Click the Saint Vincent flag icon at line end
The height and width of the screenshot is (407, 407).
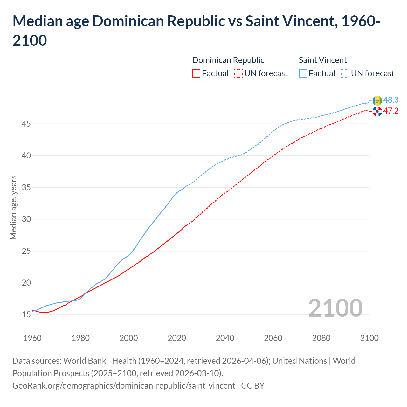(377, 100)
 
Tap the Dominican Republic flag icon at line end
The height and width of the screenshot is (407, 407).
(377, 111)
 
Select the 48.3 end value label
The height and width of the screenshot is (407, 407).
(391, 100)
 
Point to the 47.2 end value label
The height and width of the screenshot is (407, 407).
(391, 111)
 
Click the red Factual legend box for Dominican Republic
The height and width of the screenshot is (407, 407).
(196, 73)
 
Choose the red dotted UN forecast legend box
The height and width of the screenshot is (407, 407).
(238, 73)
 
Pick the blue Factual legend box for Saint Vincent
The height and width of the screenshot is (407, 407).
(303, 73)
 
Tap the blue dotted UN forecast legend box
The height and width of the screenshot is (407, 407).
(345, 73)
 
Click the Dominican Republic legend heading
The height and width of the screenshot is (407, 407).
(228, 60)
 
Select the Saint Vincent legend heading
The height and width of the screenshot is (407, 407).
(322, 60)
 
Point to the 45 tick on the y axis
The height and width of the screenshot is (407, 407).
(26, 124)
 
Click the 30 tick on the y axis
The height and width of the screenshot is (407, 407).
(26, 219)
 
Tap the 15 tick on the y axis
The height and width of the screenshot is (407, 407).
(26, 314)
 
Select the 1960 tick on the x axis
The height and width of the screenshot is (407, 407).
(32, 338)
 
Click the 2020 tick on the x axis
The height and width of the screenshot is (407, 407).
(177, 338)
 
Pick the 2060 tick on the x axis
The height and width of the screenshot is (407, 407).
(273, 338)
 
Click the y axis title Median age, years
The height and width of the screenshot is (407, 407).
(13, 207)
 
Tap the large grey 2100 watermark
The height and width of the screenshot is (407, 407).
(335, 308)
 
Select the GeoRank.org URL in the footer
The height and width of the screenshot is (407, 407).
(124, 386)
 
